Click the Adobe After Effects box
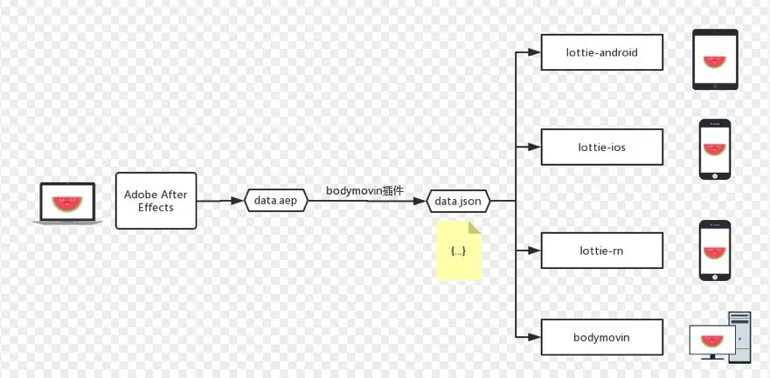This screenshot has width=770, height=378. [x=156, y=201]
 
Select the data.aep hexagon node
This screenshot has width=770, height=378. [x=276, y=201]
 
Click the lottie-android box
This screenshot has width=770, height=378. [x=602, y=52]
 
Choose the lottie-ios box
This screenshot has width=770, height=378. [x=602, y=147]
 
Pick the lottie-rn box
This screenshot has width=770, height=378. [x=602, y=251]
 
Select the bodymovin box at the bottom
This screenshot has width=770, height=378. [x=602, y=337]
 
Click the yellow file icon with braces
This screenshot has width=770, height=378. [x=459, y=251]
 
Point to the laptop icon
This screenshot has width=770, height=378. [x=67, y=203]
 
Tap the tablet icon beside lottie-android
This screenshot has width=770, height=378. [x=715, y=59]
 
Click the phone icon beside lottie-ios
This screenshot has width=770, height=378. [x=714, y=149]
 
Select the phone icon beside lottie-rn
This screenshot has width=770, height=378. [x=714, y=251]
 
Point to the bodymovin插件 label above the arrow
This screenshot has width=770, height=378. [x=364, y=190]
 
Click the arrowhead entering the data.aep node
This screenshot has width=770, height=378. [x=238, y=201]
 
